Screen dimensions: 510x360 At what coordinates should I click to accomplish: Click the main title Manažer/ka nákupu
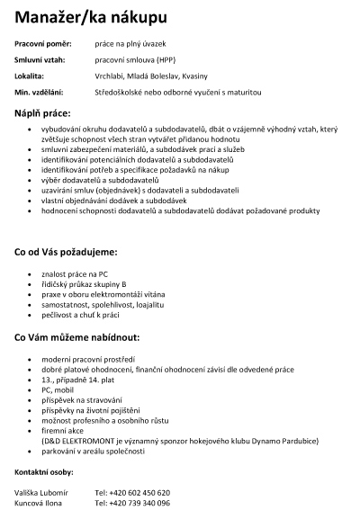click(x=90, y=17)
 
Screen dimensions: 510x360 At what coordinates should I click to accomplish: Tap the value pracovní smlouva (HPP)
click(x=134, y=59)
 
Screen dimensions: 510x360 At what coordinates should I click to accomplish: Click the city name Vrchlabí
click(x=110, y=76)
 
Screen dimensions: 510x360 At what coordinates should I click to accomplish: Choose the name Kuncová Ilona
click(x=39, y=504)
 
